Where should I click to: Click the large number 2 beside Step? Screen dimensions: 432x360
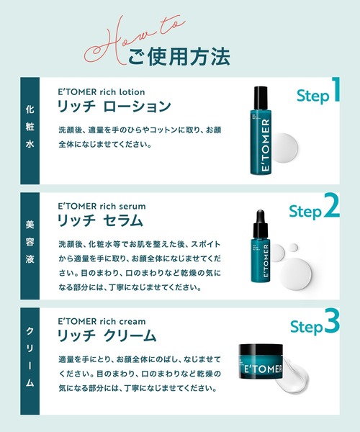(330, 208)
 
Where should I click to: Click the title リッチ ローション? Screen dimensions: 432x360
(114, 107)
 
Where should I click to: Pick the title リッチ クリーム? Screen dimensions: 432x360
(107, 336)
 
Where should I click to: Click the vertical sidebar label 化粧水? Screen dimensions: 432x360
(30, 131)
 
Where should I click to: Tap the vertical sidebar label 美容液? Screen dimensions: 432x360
(30, 246)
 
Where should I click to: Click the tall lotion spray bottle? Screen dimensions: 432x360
(260, 137)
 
